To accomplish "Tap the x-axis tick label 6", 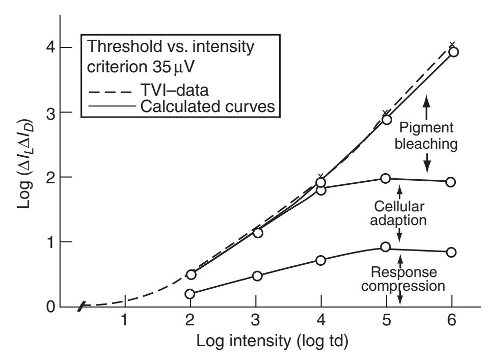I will tap(452, 322).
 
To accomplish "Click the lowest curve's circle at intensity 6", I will tap(451, 252).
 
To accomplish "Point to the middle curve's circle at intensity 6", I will tap(451, 182).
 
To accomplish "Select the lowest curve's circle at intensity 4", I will tap(321, 260).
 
